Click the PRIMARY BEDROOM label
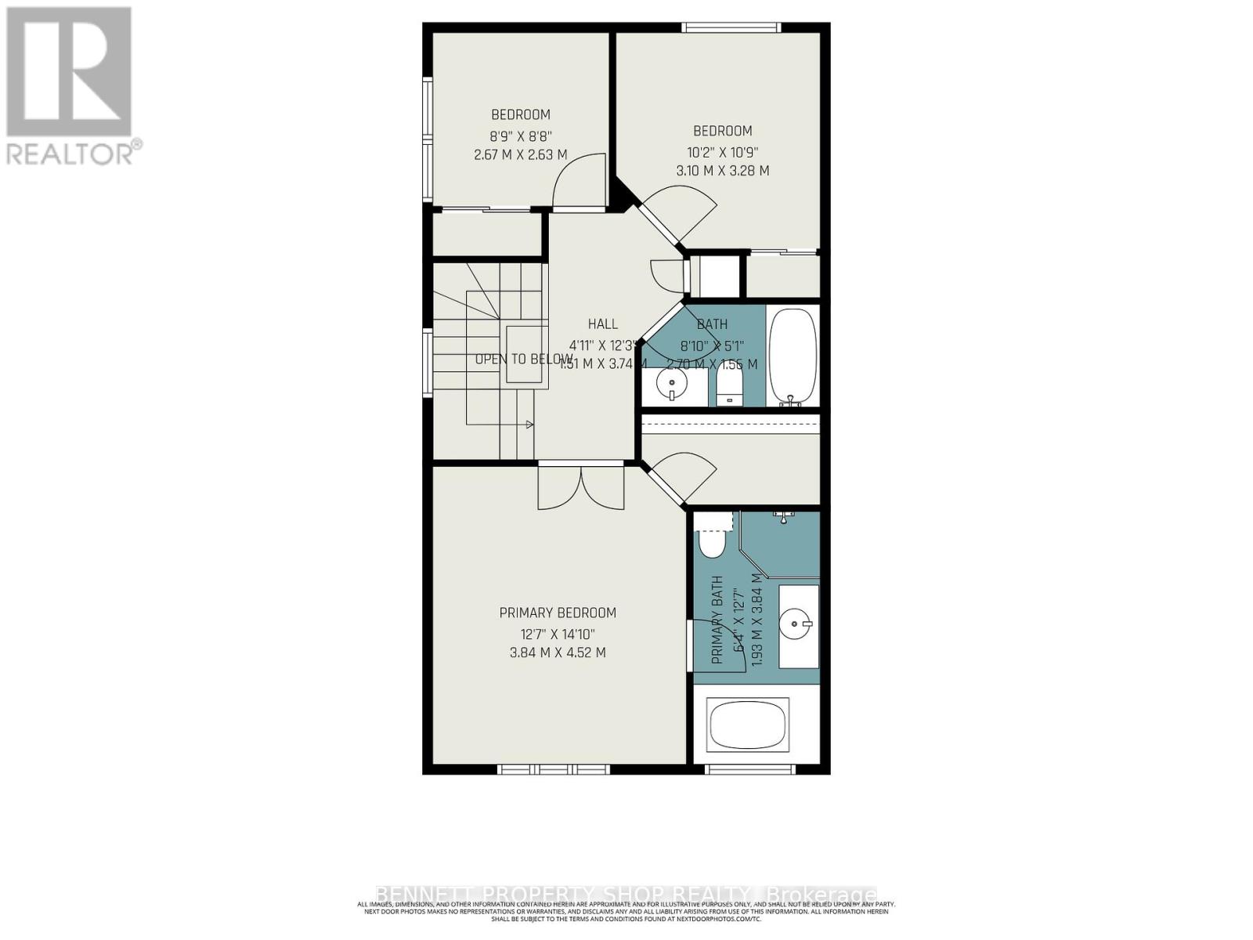coord(558,613)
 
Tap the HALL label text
coord(602,324)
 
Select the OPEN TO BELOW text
coord(523,360)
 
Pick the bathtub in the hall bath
coord(793,356)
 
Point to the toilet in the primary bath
coord(713,539)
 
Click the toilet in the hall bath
coord(729,386)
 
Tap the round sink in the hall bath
coord(671,385)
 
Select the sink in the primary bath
coord(798,624)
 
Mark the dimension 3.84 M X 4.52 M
coord(558,653)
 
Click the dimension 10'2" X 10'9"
coord(722,151)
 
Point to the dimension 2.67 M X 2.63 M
coord(521,155)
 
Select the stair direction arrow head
coord(530,425)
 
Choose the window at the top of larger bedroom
coord(731,28)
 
